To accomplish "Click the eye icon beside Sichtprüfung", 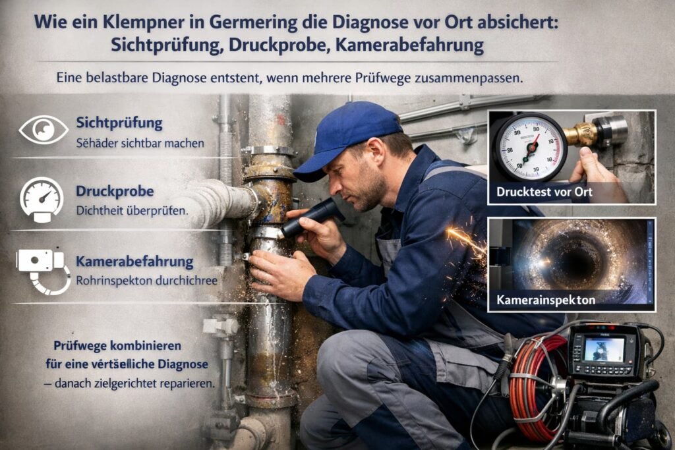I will tap(44, 129).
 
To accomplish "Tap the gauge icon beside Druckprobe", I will tap(42, 198).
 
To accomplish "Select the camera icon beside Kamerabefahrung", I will tap(41, 267).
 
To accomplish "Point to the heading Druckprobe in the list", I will tap(115, 192).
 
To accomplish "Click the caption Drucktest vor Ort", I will tap(541, 192).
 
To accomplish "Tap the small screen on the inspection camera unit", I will tap(603, 349).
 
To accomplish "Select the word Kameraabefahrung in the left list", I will tap(134, 262).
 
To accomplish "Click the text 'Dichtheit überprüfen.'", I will tap(132, 212).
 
